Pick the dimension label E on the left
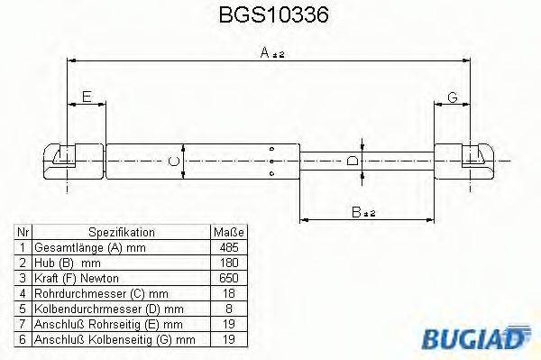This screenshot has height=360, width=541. tap(87, 97)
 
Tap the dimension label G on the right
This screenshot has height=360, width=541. tap(453, 97)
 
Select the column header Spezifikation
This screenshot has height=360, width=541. tap(122, 232)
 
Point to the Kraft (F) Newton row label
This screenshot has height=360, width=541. tap(76, 278)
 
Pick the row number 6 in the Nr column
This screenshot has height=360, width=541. tap(23, 339)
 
